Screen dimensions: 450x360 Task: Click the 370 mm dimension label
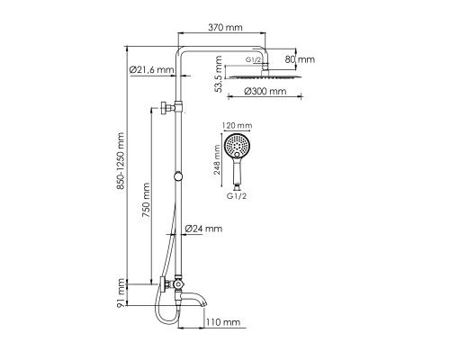(225, 28)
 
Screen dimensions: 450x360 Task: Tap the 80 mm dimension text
(300, 59)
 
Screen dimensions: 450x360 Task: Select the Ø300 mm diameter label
(265, 91)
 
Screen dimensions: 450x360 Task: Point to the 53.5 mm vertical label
(219, 74)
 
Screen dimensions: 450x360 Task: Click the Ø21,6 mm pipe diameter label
(152, 70)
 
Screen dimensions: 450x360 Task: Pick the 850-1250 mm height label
(121, 161)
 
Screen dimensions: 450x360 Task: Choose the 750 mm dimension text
(146, 201)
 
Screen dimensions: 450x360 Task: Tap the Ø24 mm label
(203, 229)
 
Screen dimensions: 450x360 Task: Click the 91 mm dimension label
(121, 292)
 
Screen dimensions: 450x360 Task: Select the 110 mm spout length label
(223, 322)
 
